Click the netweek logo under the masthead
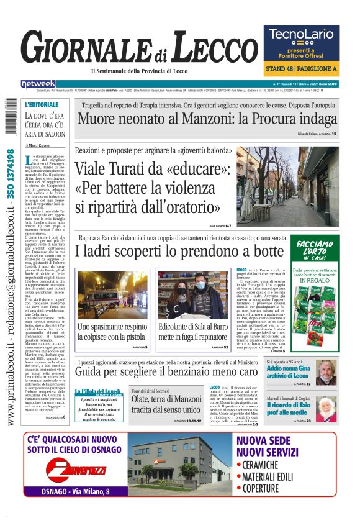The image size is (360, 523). coord(38,83)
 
